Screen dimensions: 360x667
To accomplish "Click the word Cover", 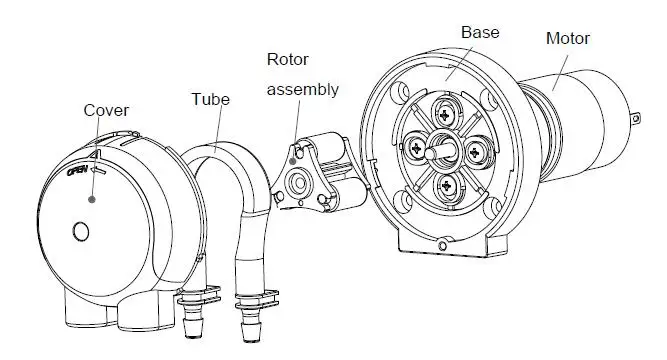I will pyautogui.click(x=104, y=110).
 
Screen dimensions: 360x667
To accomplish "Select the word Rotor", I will pyautogui.click(x=288, y=59).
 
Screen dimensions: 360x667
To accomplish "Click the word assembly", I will pyautogui.click(x=302, y=89).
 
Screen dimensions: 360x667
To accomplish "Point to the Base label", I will pyautogui.click(x=480, y=32).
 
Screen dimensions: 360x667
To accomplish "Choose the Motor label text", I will pyautogui.click(x=568, y=39).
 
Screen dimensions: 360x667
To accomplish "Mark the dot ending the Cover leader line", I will pyautogui.click(x=93, y=200).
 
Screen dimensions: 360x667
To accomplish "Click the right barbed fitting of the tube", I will pyautogui.click(x=246, y=321).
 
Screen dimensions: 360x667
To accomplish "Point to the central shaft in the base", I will pyautogui.click(x=440, y=151).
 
